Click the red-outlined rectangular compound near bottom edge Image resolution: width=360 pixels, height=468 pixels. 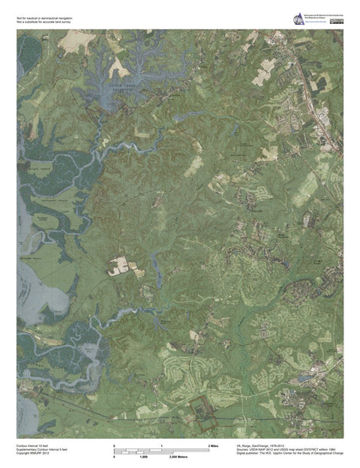199,410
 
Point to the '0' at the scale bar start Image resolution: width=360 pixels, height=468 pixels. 114,446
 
